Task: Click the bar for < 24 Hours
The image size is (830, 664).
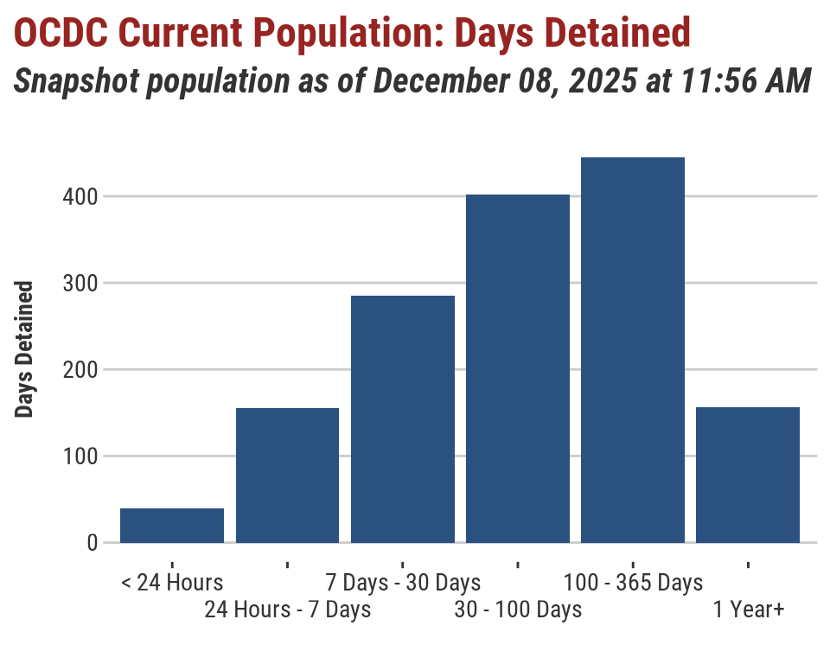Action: [172, 526]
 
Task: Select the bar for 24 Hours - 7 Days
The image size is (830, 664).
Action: [287, 476]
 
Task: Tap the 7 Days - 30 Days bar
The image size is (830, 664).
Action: [402, 419]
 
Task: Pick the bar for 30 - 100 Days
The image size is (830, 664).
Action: [517, 369]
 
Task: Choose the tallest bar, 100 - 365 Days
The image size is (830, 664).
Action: [632, 350]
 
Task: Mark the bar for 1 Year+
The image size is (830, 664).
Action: [747, 475]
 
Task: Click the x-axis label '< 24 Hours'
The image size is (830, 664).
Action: [172, 583]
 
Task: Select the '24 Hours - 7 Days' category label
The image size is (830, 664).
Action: [287, 610]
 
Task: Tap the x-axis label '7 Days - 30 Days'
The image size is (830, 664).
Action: [402, 583]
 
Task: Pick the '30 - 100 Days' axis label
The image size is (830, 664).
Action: [517, 610]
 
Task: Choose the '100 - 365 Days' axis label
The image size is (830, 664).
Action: [632, 583]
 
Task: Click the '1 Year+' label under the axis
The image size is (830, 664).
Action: [748, 610]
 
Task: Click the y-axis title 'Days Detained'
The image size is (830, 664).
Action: [25, 349]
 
